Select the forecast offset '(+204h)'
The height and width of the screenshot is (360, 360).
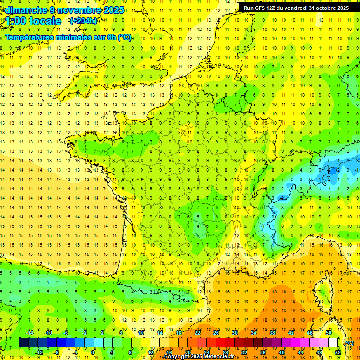(x=83, y=21)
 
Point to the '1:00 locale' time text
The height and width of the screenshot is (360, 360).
(x=34, y=21)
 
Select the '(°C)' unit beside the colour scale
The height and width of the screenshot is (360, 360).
(x=349, y=343)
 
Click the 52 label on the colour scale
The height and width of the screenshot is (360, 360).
(x=337, y=352)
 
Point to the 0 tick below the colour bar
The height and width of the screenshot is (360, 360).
(x=93, y=352)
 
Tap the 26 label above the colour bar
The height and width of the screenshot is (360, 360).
(x=216, y=333)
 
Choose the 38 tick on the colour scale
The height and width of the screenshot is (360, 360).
(x=272, y=333)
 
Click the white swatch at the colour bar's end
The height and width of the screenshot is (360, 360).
(x=333, y=343)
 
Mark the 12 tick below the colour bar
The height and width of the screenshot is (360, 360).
(x=150, y=352)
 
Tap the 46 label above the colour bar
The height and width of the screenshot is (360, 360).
(x=309, y=333)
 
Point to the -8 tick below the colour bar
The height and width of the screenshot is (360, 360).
(x=56, y=352)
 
